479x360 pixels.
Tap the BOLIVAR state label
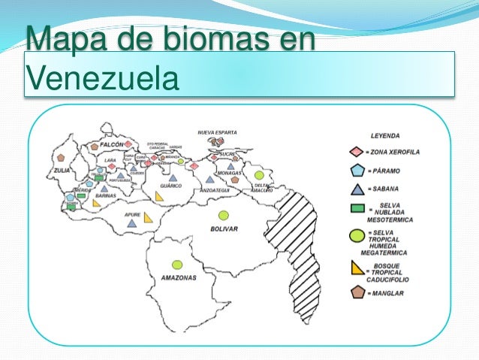[x=224, y=228]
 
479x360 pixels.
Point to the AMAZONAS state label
[x=179, y=277]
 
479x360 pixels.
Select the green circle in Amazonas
[x=177, y=264]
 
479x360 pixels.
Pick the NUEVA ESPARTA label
[x=217, y=132]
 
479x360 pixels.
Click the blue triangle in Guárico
[x=173, y=178]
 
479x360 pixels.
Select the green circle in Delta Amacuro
[x=259, y=174]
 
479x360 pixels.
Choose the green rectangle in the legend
[x=357, y=208]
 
